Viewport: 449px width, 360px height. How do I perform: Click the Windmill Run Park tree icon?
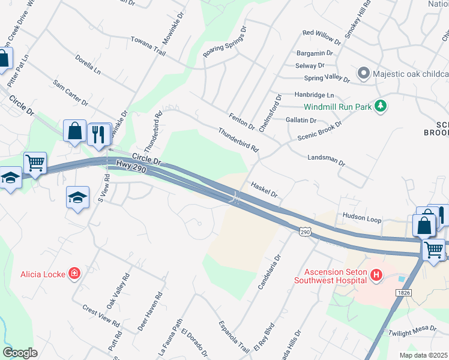(x=379, y=106)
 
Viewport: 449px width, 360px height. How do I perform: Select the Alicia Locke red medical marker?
(x=74, y=274)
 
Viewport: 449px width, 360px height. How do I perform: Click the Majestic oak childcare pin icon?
(x=363, y=74)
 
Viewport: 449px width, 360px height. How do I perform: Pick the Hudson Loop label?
(x=362, y=220)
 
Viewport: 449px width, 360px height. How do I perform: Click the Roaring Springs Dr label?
(x=225, y=42)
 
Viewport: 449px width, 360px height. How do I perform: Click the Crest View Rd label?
(x=101, y=316)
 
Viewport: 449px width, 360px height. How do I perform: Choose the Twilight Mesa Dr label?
(x=412, y=330)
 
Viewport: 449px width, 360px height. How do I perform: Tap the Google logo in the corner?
(x=20, y=352)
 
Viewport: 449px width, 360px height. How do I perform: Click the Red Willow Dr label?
(x=322, y=38)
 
